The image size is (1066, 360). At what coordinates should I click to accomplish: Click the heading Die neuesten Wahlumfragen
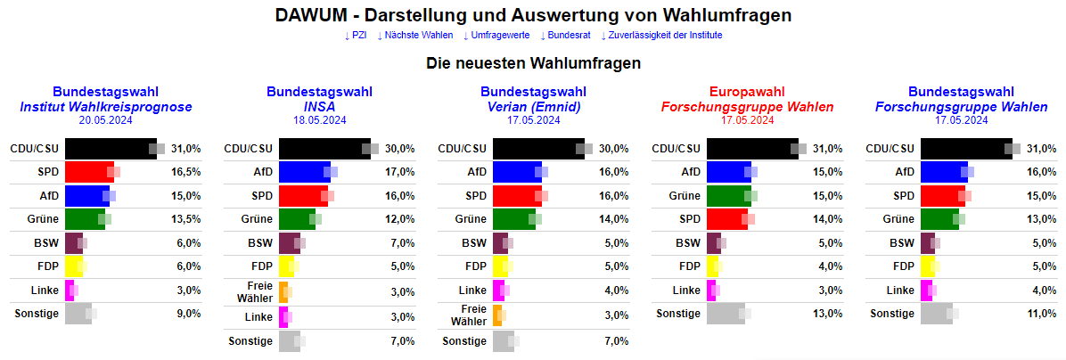(x=533, y=64)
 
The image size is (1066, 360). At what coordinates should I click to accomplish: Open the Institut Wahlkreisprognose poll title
(x=105, y=107)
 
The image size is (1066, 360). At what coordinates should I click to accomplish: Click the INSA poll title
(x=319, y=107)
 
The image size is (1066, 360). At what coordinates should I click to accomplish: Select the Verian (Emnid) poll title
(x=533, y=107)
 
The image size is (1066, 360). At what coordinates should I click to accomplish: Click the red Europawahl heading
(x=747, y=92)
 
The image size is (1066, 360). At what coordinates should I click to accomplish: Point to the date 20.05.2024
(x=105, y=120)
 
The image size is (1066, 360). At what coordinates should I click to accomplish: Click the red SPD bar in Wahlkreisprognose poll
(x=88, y=172)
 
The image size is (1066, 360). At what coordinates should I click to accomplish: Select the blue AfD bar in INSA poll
(x=304, y=172)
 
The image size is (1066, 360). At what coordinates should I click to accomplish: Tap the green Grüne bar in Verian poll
(x=513, y=219)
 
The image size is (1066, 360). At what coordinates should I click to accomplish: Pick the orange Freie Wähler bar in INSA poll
(x=283, y=290)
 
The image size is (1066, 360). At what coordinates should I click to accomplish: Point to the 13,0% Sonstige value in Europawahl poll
(x=827, y=314)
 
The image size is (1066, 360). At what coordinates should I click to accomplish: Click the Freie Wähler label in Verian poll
(x=469, y=315)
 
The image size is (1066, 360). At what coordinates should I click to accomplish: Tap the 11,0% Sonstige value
(x=1041, y=314)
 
